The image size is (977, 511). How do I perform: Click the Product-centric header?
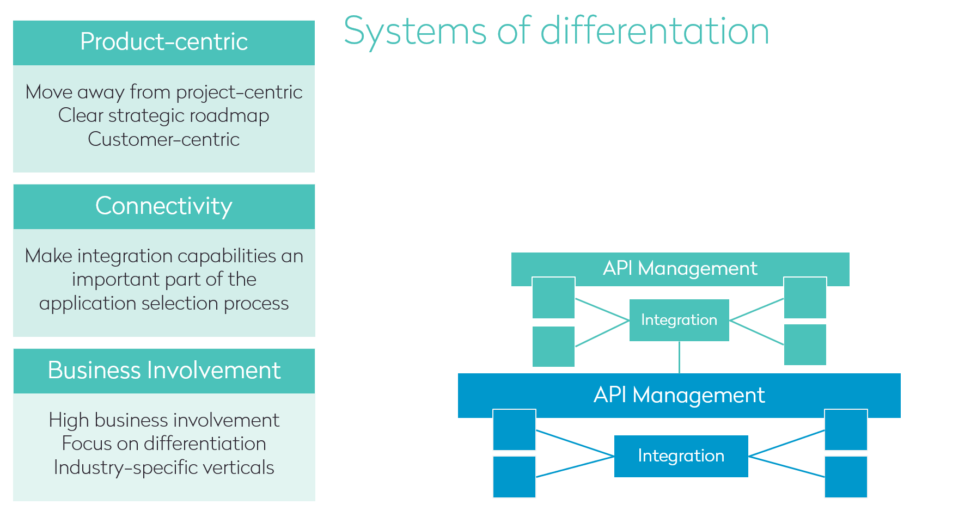164,42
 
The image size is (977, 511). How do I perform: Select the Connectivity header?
164,206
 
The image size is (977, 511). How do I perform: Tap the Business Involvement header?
164,371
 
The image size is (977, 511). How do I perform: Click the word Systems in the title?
415,31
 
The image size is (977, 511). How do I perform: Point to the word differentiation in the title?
654,31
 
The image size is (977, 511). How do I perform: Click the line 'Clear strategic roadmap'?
164,115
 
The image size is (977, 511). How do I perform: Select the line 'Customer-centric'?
164,139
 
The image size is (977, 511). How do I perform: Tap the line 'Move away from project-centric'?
164,92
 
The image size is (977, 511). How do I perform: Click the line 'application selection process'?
164,303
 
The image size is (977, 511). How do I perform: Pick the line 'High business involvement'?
164,420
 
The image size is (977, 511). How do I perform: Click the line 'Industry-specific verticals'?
164,467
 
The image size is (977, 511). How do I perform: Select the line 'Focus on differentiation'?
164,444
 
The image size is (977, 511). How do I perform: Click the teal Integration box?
679,320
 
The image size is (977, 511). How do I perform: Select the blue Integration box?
681,456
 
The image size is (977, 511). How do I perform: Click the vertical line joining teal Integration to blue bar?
679,358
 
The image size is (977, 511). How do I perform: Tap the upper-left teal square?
553,298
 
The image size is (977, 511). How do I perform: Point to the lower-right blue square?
846,477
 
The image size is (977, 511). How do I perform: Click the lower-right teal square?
805,344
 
